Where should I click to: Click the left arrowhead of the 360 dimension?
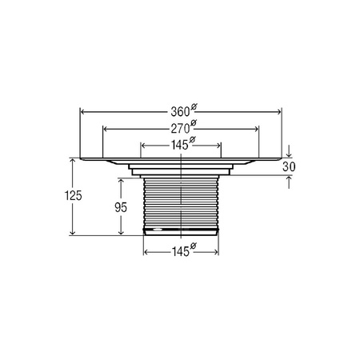click(x=82, y=112)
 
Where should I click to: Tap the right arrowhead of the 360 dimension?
click(x=280, y=112)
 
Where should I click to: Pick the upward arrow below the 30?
click(x=288, y=180)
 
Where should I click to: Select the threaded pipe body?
click(x=182, y=204)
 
